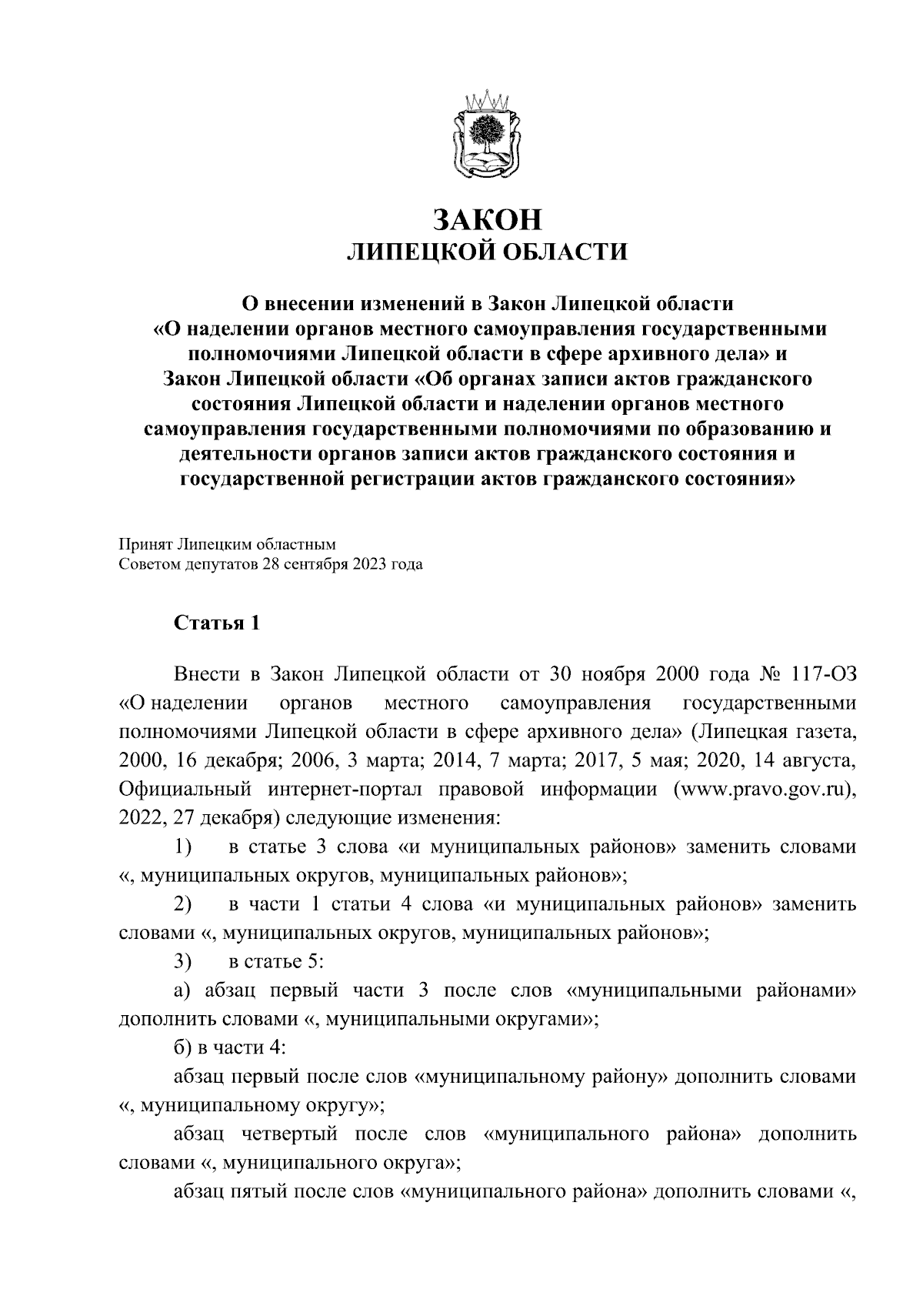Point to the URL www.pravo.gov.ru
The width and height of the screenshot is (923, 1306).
762,790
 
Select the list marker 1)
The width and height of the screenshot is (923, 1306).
182,847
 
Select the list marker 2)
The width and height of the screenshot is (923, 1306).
182,904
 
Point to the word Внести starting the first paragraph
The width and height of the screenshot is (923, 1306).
205,675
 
